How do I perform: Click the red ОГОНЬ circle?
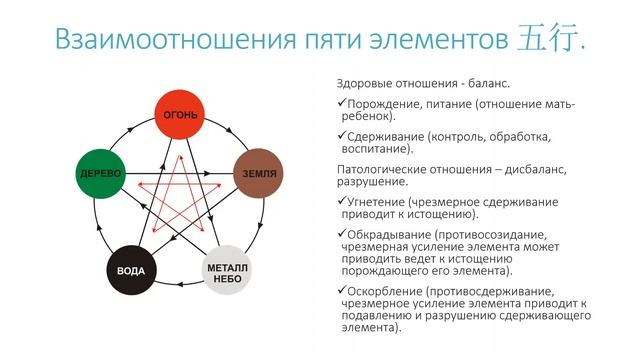click(x=181, y=116)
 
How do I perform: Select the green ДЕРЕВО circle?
click(x=99, y=173)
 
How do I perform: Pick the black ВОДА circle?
click(x=132, y=270)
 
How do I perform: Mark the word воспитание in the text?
click(x=377, y=148)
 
